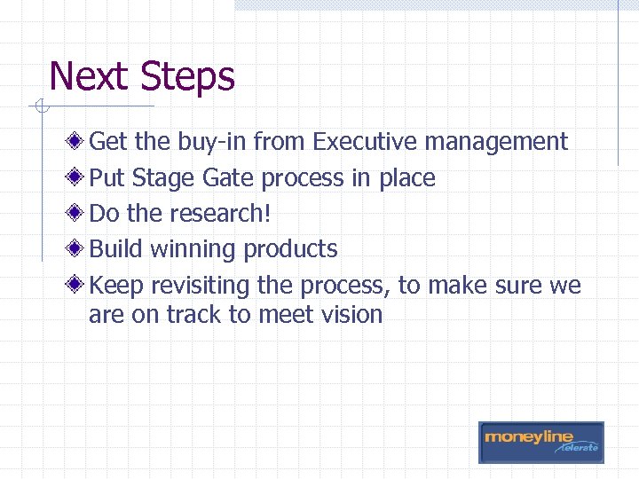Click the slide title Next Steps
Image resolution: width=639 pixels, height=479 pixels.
[x=142, y=76]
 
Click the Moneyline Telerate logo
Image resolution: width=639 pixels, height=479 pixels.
[x=540, y=442]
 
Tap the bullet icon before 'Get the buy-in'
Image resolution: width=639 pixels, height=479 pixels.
[x=79, y=142]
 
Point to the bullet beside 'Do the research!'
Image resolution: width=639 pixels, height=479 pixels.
[x=79, y=214]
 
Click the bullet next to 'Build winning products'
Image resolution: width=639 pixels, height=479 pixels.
[x=79, y=249]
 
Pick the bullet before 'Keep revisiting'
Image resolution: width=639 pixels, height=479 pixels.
[x=79, y=286]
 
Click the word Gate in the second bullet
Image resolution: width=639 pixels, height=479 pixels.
[x=228, y=178]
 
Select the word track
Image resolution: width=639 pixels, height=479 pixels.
[x=199, y=315]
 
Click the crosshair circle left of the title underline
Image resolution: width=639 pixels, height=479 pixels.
[x=40, y=108]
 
